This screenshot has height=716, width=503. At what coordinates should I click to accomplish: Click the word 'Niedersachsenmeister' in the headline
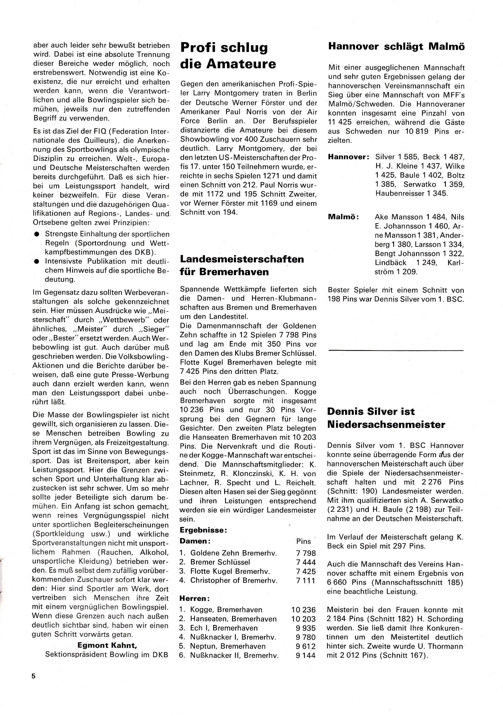click(x=386, y=424)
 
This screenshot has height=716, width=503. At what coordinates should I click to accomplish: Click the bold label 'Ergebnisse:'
click(x=203, y=530)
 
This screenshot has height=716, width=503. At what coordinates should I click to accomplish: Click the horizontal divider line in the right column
click(x=396, y=351)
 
